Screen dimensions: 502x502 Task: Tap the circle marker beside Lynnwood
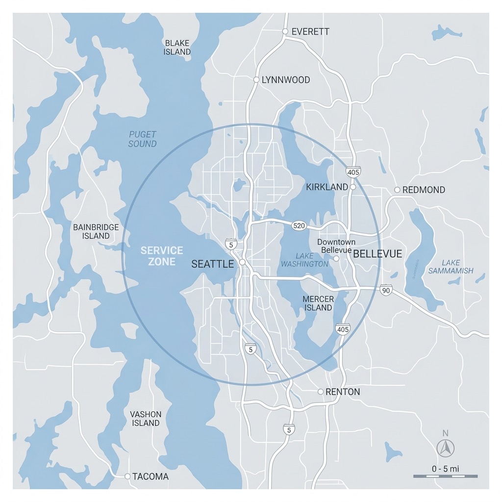256,79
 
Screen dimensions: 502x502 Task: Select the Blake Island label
177,47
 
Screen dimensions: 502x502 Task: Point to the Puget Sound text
143,139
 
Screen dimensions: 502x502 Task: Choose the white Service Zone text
162,256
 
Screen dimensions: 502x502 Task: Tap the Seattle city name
212,264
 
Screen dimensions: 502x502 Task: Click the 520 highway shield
299,226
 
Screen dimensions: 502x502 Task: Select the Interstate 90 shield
386,290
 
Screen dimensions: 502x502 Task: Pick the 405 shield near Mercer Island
343,329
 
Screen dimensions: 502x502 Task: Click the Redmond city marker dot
397,190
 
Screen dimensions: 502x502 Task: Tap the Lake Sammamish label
451,267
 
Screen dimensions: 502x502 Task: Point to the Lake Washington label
304,260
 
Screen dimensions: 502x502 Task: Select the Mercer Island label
318,303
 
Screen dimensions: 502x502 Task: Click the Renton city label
343,392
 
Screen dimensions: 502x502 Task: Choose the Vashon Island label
146,418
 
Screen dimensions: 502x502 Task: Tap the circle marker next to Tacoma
127,476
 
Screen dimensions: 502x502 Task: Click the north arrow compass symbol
446,447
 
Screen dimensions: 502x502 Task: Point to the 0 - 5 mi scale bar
445,476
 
